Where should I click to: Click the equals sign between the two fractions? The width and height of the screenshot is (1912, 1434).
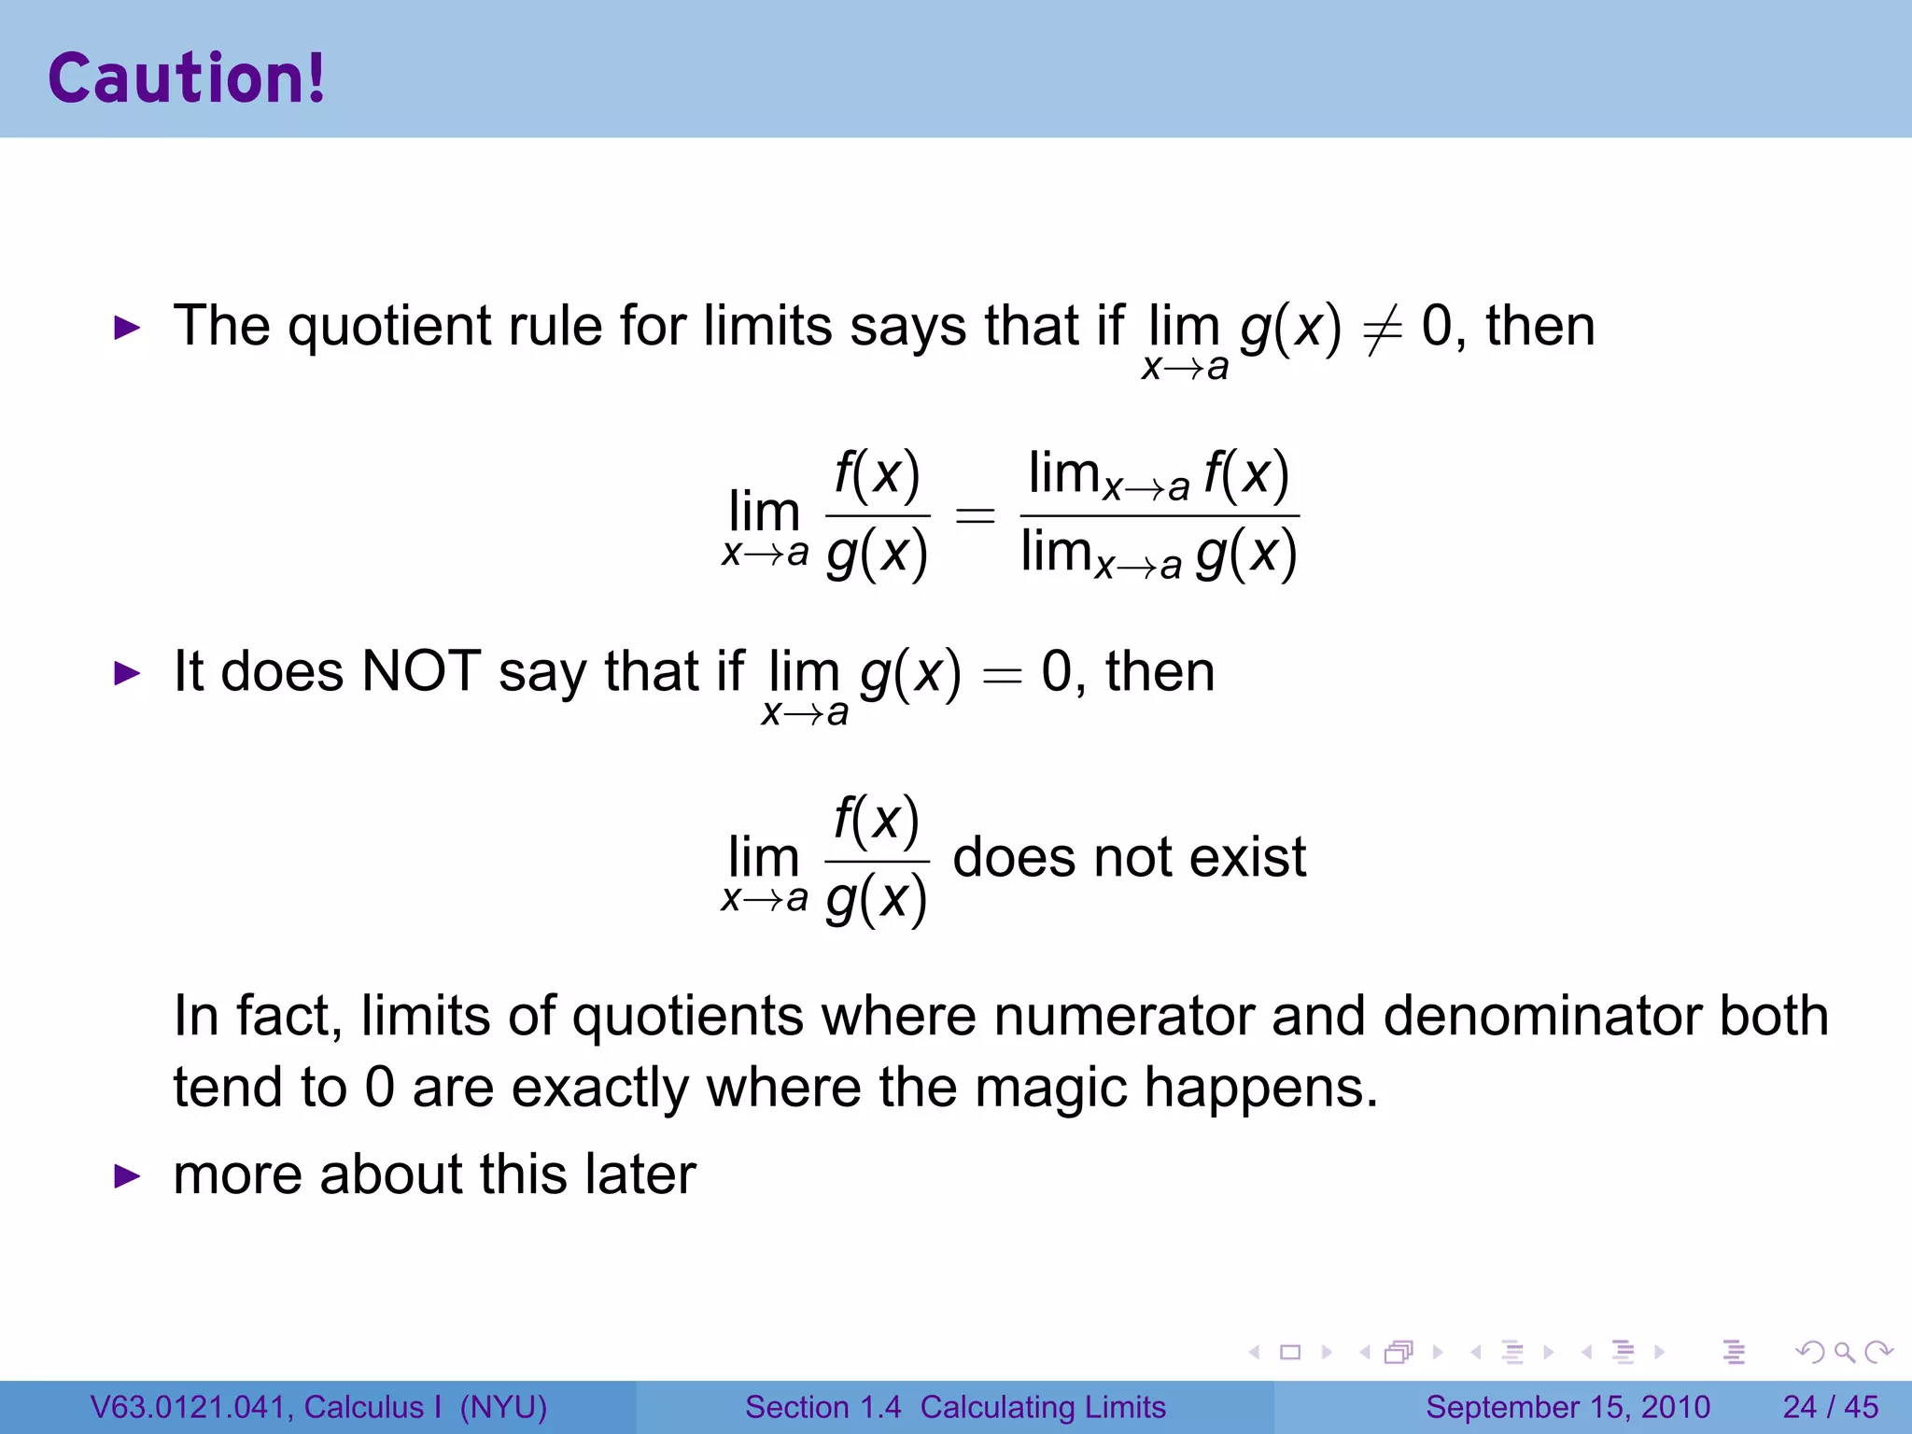pyautogui.click(x=975, y=515)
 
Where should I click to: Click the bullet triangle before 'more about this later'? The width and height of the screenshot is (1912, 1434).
pyautogui.click(x=126, y=1176)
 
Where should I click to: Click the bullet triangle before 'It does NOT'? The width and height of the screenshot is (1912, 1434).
pyautogui.click(x=126, y=673)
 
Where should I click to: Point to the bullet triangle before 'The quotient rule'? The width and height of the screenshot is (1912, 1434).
pyautogui.click(x=126, y=328)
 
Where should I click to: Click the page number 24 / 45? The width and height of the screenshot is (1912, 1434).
pyautogui.click(x=1830, y=1407)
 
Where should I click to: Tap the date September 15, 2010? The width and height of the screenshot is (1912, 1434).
pyautogui.click(x=1568, y=1407)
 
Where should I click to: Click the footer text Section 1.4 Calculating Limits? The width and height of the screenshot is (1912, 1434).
pyautogui.click(x=955, y=1407)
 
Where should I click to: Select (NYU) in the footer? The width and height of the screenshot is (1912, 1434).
pyautogui.click(x=503, y=1407)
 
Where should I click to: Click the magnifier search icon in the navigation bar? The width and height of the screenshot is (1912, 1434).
pyautogui.click(x=1844, y=1352)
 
